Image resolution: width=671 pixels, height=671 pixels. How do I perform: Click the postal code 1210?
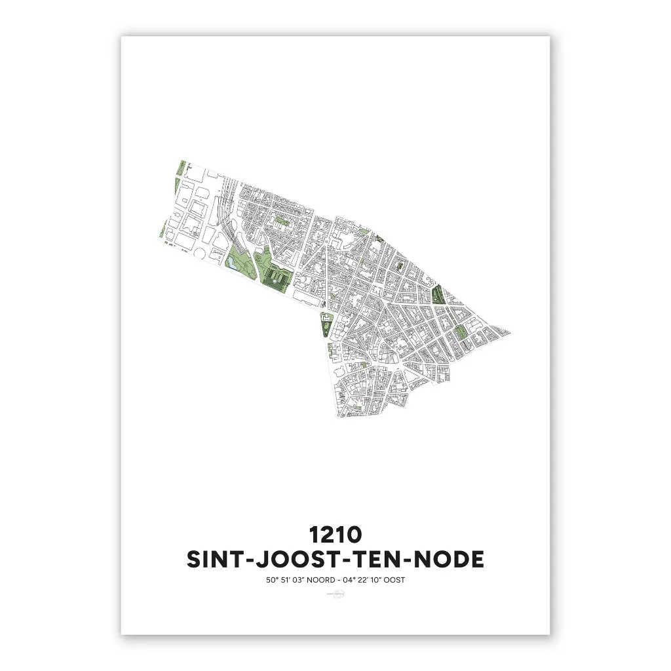coord(335,534)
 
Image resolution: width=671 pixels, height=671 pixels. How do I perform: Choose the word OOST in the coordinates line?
coord(402,580)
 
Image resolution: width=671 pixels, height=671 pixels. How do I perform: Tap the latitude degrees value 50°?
coord(265,580)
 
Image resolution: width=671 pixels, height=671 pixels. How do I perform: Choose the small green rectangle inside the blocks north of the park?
coord(282,222)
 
